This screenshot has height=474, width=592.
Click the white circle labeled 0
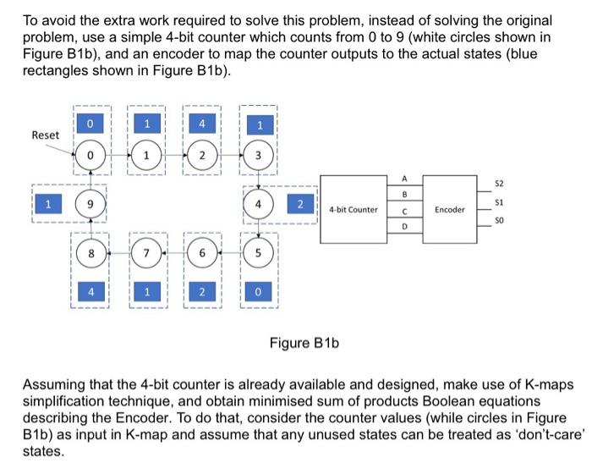click(91, 157)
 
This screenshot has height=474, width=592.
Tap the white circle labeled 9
click(91, 206)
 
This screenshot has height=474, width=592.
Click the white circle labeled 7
click(147, 254)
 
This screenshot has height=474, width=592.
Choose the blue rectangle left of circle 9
click(49, 205)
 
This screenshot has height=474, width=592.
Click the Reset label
click(46, 135)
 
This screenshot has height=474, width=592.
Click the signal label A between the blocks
click(406, 178)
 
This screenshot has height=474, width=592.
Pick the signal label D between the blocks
click(406, 229)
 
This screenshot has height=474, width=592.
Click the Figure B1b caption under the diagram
click(304, 343)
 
